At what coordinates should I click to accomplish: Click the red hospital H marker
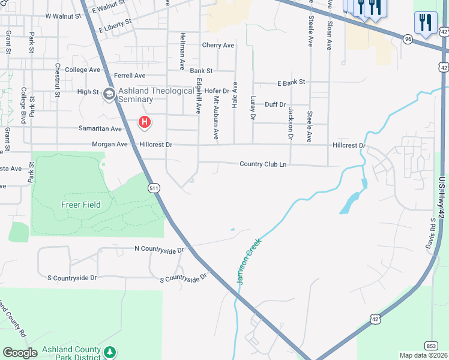pyautogui.click(x=144, y=123)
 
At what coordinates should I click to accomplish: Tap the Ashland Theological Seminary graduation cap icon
pyautogui.click(x=109, y=94)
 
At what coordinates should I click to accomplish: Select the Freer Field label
pyautogui.click(x=80, y=205)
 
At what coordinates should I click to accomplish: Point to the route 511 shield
pyautogui.click(x=154, y=188)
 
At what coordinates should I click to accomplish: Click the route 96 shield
pyautogui.click(x=408, y=38)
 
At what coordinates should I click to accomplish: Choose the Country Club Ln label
pyautogui.click(x=262, y=164)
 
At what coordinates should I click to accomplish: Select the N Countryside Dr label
pyautogui.click(x=158, y=248)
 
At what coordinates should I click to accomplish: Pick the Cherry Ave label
pyautogui.click(x=218, y=45)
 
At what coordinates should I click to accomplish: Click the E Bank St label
pyautogui.click(x=291, y=82)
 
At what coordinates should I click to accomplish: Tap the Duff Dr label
pyautogui.click(x=275, y=104)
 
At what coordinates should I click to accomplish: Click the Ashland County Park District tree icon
pyautogui.click(x=109, y=351)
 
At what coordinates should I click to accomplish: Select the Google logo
pyautogui.click(x=20, y=353)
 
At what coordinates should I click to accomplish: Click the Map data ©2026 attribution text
pyautogui.click(x=423, y=355)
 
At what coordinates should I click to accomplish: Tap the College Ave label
pyautogui.click(x=82, y=70)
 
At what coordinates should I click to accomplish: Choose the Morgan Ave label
pyautogui.click(x=110, y=144)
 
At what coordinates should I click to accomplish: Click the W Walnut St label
pyautogui.click(x=63, y=16)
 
